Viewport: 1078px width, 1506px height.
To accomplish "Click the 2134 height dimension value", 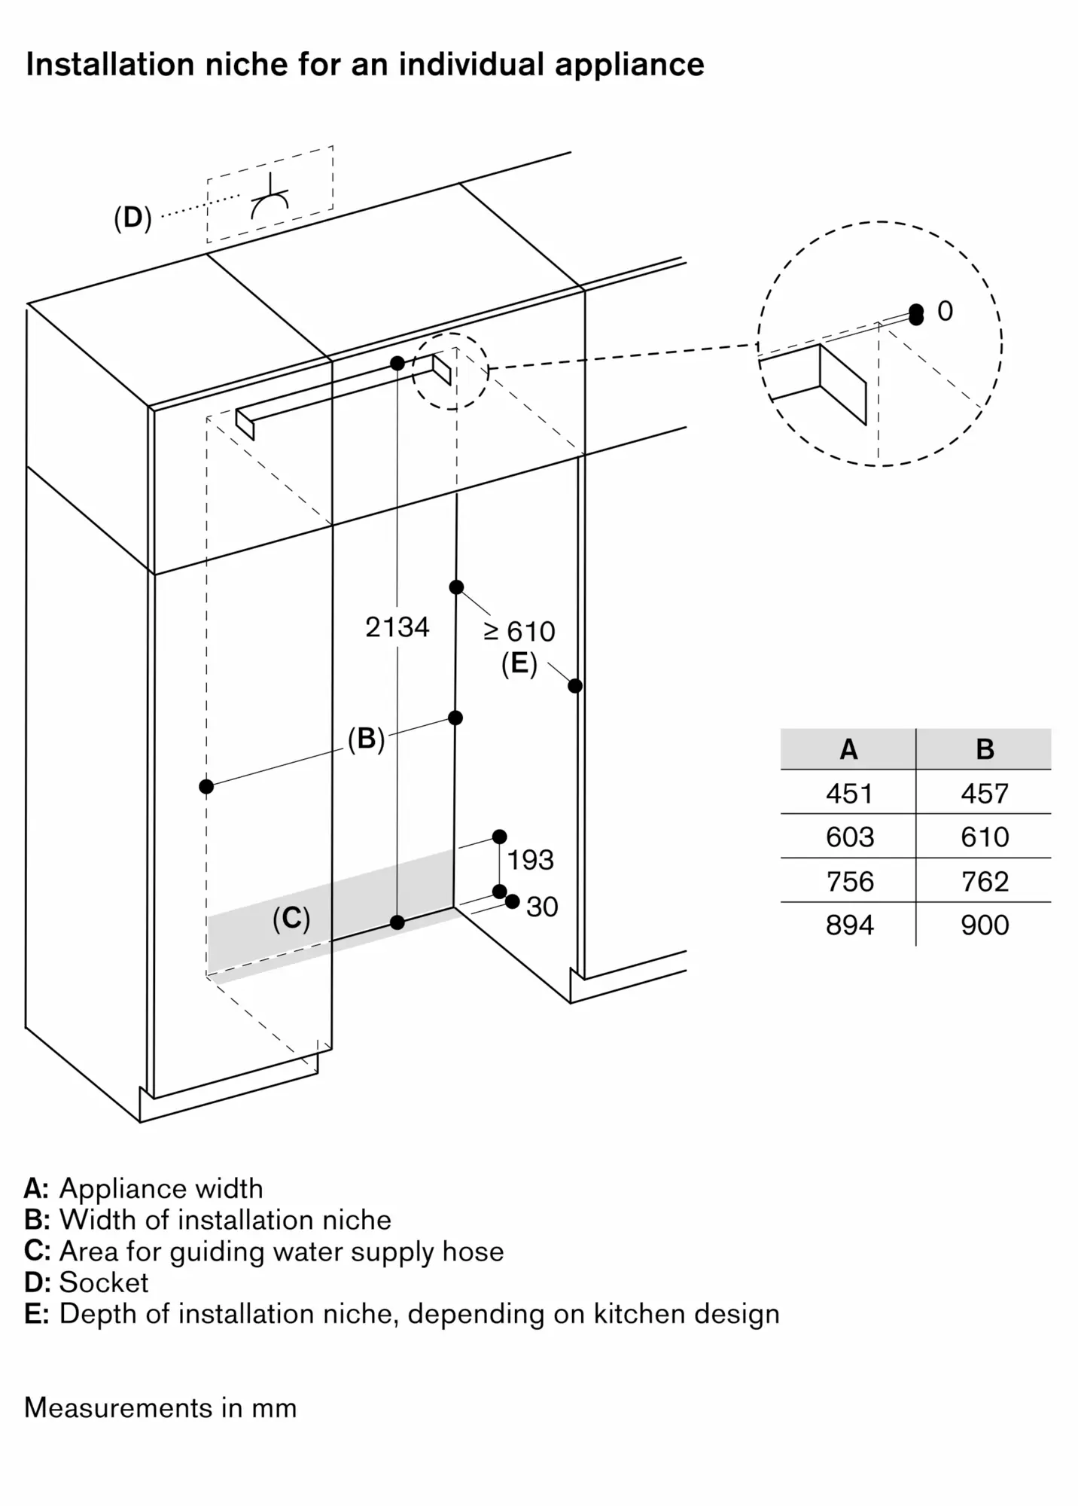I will click(397, 626).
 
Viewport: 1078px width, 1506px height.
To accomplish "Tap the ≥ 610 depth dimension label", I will click(519, 631).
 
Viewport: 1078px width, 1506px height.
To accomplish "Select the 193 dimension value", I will click(530, 860).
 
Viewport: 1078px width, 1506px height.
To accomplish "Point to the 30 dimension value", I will click(542, 907).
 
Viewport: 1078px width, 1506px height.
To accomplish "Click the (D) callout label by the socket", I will click(132, 218).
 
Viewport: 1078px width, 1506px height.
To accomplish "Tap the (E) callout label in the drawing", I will click(519, 664).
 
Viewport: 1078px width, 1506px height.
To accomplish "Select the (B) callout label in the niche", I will click(366, 738).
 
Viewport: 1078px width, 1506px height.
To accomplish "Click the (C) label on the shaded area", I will click(291, 918).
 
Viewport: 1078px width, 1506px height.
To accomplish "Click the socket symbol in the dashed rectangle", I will click(269, 200).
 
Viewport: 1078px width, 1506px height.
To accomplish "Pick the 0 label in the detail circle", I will click(945, 311).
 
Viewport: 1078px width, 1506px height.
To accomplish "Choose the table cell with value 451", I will click(849, 793).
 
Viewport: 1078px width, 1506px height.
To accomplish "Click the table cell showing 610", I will click(984, 837).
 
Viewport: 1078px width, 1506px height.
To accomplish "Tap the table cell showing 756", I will click(849, 881).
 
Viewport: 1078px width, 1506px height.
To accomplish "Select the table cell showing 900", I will click(984, 925).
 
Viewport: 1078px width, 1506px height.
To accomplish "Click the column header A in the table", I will click(848, 749).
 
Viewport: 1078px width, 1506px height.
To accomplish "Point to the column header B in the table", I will click(984, 749).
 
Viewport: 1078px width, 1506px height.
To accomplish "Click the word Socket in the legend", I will click(104, 1282).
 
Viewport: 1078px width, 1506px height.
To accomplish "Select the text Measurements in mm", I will click(160, 1407).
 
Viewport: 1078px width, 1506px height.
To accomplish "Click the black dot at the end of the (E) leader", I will click(575, 686).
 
